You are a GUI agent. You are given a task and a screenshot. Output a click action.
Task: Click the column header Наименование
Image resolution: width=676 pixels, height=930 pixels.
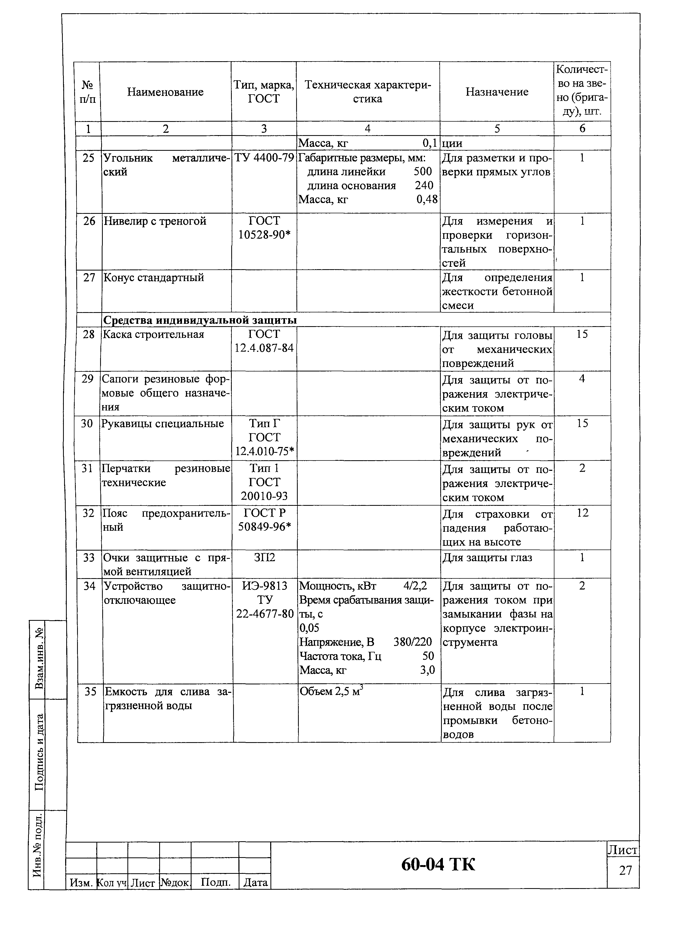click(x=165, y=92)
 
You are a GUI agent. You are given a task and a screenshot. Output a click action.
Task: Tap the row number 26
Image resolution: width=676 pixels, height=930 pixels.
click(x=89, y=222)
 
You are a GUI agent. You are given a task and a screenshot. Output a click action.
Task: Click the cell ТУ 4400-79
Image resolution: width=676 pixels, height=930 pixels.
click(x=264, y=158)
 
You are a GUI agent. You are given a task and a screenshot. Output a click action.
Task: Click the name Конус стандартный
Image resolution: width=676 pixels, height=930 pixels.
click(x=154, y=278)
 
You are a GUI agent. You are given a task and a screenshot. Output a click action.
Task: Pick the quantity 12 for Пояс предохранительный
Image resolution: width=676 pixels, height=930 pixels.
click(x=582, y=513)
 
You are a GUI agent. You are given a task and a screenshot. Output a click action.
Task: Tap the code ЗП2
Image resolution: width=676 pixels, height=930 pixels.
click(x=264, y=558)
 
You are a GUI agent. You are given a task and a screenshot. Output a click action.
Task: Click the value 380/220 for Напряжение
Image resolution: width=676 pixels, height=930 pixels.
click(x=412, y=642)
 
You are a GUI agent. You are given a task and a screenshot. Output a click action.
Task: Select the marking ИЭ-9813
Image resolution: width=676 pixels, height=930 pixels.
click(x=264, y=586)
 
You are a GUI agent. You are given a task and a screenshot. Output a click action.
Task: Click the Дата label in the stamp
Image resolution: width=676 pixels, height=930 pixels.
click(x=255, y=894)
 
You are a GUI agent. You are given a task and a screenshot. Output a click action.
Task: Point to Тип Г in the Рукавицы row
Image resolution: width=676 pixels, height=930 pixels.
click(x=264, y=423)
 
